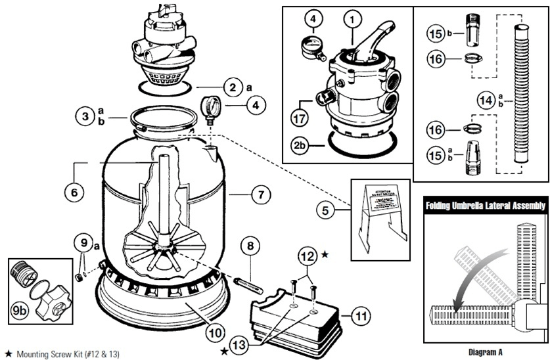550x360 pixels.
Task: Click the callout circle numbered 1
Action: [x=353, y=21]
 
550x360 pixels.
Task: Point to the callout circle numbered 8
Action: [x=250, y=246]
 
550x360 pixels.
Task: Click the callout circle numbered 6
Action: [x=74, y=192]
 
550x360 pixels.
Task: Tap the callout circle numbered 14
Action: [x=487, y=101]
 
